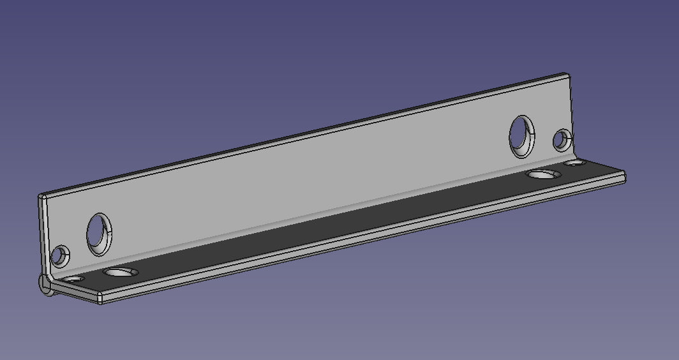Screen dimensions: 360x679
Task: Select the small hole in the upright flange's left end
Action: point(61,256)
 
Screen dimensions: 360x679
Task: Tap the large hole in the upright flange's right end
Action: point(522,136)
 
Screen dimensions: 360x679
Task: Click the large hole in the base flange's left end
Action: point(121,273)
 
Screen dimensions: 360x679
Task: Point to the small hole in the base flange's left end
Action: point(75,280)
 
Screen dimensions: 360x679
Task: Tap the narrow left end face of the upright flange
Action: point(43,236)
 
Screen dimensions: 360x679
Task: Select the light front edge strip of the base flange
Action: point(357,237)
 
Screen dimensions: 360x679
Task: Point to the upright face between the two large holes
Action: point(306,179)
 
